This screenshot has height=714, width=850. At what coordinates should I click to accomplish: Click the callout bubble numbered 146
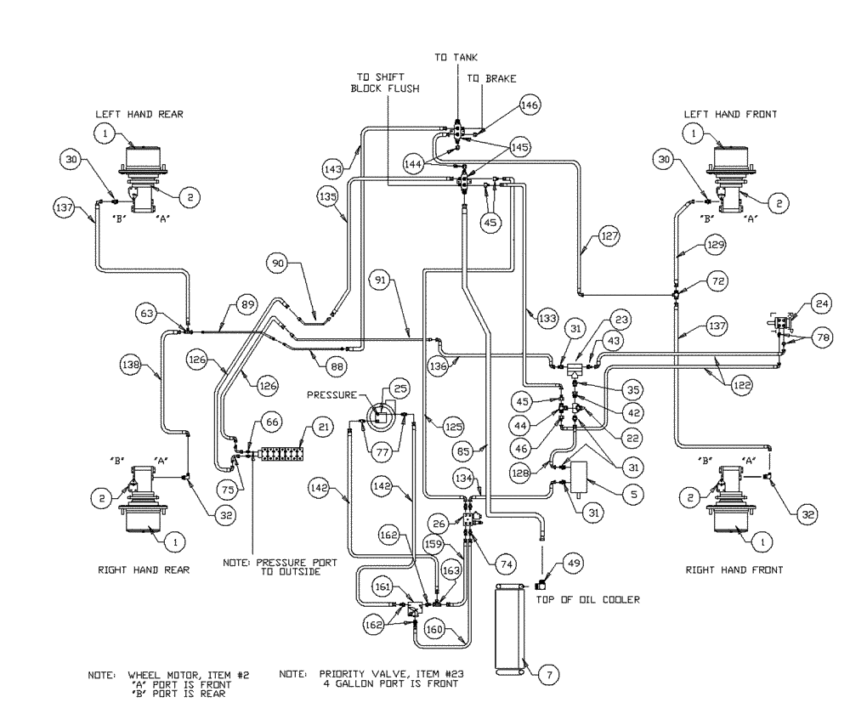(530, 105)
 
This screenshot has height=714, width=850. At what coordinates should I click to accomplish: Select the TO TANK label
(456, 57)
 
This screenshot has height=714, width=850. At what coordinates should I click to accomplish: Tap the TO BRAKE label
(492, 78)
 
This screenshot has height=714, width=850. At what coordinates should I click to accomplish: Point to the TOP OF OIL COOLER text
(587, 599)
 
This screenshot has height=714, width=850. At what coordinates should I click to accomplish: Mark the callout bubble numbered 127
(606, 235)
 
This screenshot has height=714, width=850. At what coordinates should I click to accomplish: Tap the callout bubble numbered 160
(436, 630)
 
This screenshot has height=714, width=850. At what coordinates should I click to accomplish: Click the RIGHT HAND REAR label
(144, 570)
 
